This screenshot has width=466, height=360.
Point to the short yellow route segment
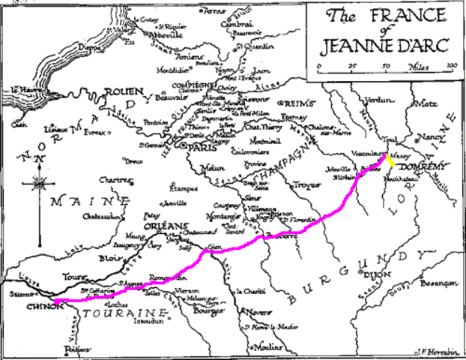[391, 160]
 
